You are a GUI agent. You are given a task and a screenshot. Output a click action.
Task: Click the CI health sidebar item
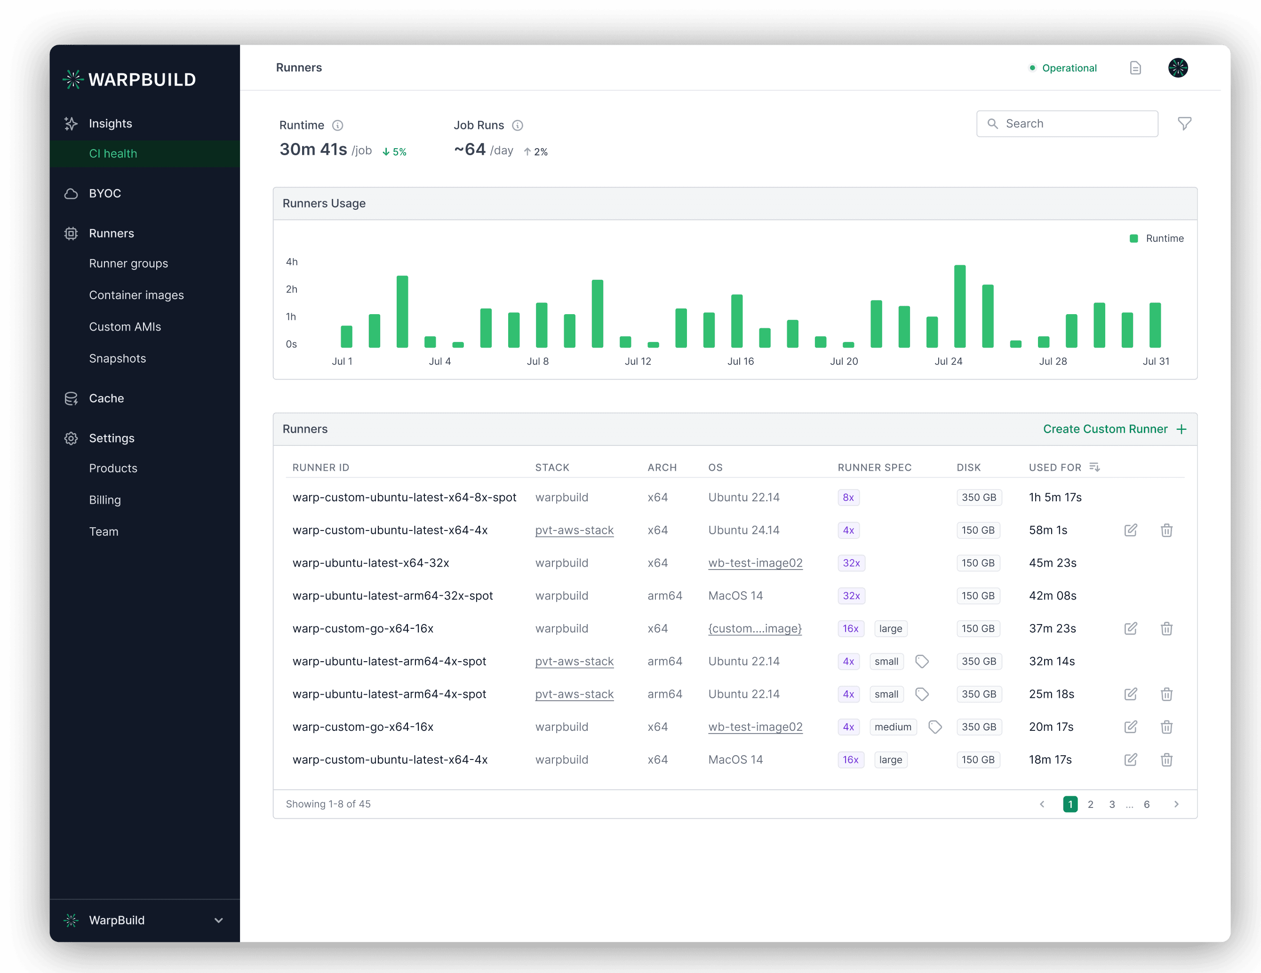[x=113, y=153]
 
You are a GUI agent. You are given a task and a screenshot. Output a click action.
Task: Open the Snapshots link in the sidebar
[x=117, y=358]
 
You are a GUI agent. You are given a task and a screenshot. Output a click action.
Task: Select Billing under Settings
[x=104, y=500]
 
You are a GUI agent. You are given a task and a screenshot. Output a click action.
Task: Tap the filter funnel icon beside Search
[x=1184, y=124]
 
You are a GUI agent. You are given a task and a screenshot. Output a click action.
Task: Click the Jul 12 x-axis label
[x=638, y=361]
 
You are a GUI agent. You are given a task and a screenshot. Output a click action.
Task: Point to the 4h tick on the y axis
[x=292, y=262]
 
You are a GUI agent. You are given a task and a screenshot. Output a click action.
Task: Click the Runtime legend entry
[x=1157, y=238]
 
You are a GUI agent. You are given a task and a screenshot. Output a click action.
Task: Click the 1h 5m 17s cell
[x=1055, y=498]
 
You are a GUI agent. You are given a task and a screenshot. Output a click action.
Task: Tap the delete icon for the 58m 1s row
[x=1166, y=530]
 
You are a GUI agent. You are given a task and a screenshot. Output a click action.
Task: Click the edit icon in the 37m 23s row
[x=1131, y=628]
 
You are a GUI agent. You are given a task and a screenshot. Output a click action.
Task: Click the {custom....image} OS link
[x=755, y=628]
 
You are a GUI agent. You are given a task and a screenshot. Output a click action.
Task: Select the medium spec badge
[x=893, y=727]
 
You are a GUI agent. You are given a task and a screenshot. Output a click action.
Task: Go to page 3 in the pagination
[x=1111, y=805]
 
